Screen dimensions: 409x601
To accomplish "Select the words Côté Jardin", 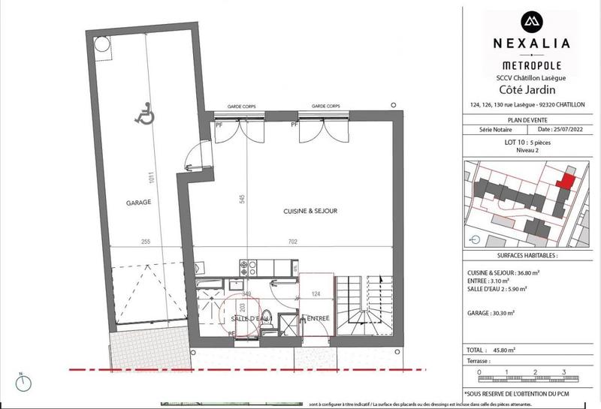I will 531,88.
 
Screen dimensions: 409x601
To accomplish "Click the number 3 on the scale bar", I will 563,371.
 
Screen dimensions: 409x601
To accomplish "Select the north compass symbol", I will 26,383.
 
